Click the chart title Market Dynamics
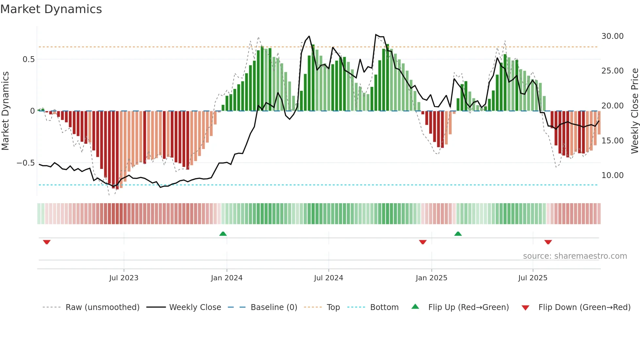(51, 9)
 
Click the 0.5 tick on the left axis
(28, 59)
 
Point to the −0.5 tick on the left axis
(25, 163)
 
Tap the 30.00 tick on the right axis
(612, 36)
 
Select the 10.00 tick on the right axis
(612, 175)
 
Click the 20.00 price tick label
(612, 106)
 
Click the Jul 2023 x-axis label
(124, 278)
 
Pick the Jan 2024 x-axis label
(227, 278)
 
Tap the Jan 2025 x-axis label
(431, 278)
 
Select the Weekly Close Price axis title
(634, 111)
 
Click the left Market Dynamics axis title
(5, 111)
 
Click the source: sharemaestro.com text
(575, 256)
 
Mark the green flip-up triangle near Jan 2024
(223, 234)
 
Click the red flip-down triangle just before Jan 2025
(423, 242)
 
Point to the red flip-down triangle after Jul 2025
(548, 242)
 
